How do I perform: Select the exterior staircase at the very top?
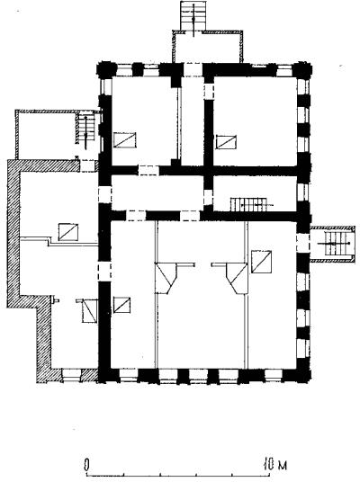[x=193, y=16]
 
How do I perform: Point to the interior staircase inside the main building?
[x=248, y=204]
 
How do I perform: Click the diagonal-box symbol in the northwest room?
[x=124, y=140]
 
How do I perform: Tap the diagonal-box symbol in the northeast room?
[x=226, y=142]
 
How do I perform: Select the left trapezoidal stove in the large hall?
[x=166, y=278]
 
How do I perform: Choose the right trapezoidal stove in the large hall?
[x=237, y=278]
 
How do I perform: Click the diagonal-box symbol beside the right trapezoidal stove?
[x=262, y=262]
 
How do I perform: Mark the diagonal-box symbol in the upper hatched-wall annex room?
[x=68, y=232]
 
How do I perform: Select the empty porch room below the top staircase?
[x=208, y=47]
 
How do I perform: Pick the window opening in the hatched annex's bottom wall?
[x=71, y=375]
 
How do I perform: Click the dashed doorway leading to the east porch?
[x=302, y=243]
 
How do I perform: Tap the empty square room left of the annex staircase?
[x=46, y=134]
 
